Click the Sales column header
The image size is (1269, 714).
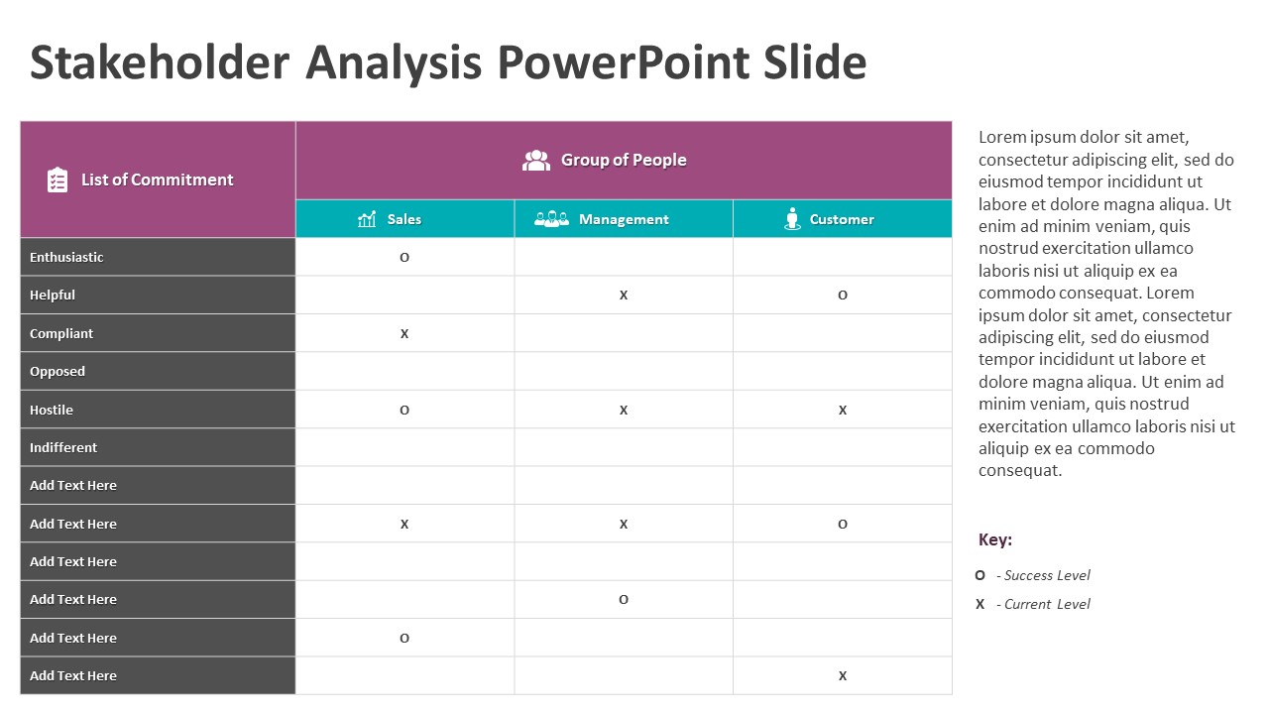coord(404,219)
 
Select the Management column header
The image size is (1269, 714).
coord(624,219)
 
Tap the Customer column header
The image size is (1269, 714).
coord(842,219)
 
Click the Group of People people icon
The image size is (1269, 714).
coord(536,161)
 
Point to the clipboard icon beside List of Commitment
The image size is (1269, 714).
coord(58,180)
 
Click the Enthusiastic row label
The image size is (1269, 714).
coord(66,257)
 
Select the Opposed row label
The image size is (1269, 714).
coord(58,371)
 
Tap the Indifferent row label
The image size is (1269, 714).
coord(63,447)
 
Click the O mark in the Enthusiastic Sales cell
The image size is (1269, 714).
coord(404,258)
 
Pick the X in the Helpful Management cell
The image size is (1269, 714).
coord(624,296)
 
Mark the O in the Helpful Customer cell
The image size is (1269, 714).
coord(843,296)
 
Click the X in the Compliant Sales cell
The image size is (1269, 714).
coord(404,334)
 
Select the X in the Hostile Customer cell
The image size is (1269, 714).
coord(843,411)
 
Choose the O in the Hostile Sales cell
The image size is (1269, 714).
coord(404,411)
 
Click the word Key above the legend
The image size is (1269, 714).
coord(995,539)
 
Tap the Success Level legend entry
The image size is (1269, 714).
coord(1042,575)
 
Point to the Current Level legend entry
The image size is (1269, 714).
coord(1042,604)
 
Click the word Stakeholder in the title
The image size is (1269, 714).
coord(160,62)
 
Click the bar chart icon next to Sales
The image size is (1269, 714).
coord(367,219)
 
